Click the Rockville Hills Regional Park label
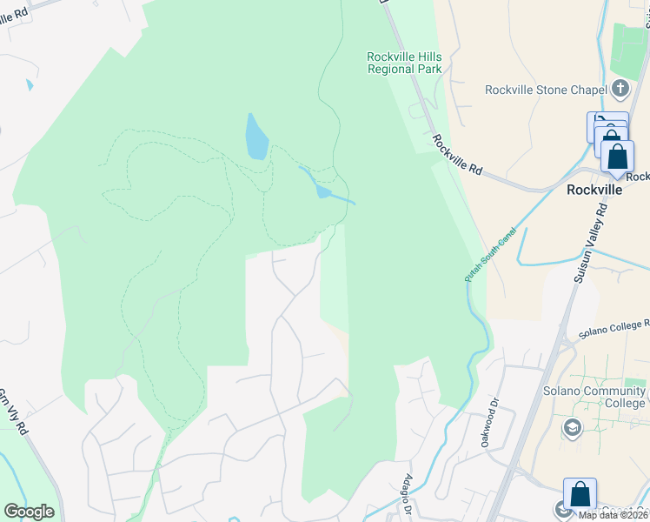click(403, 64)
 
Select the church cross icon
click(620, 88)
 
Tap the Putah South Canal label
click(490, 255)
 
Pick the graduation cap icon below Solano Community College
click(573, 427)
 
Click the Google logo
click(29, 512)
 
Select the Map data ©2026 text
click(613, 515)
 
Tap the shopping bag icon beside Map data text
click(580, 495)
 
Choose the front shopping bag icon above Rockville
click(617, 157)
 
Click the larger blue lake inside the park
click(256, 137)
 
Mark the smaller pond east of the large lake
click(323, 191)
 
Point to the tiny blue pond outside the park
click(30, 85)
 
